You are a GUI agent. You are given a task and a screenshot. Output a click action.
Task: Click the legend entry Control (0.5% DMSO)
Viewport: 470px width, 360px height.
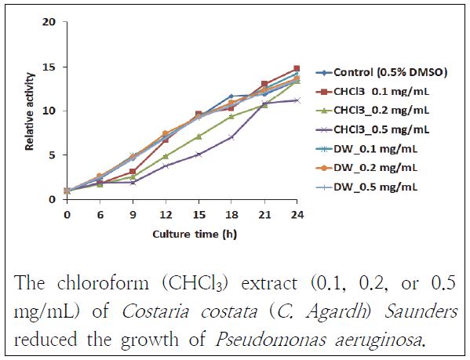pyautogui.click(x=380, y=72)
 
